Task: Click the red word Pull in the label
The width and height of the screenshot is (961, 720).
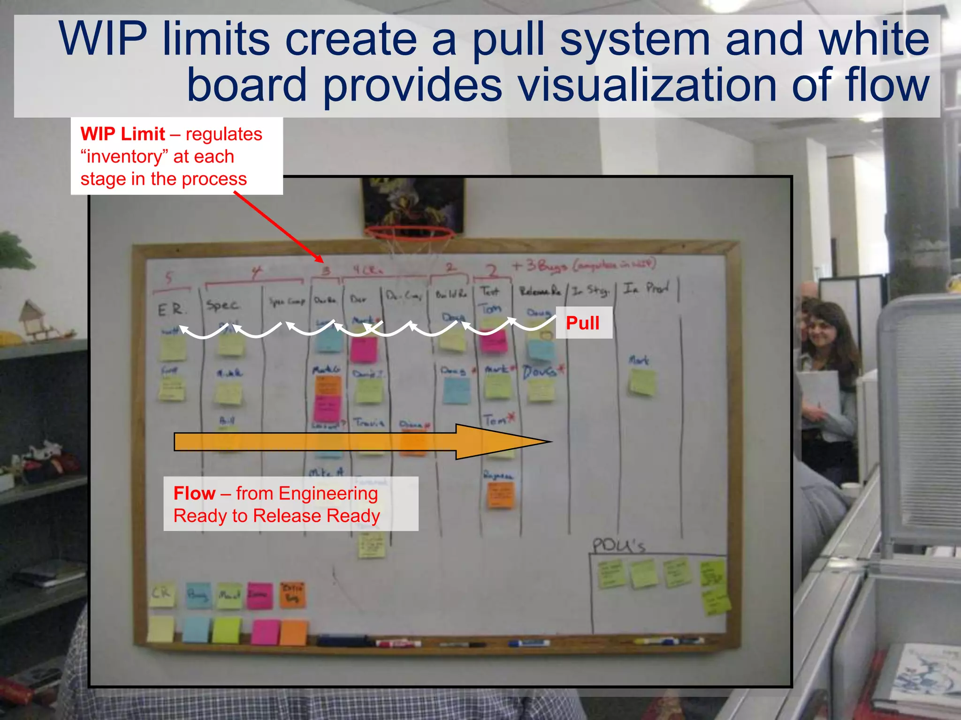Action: (x=582, y=323)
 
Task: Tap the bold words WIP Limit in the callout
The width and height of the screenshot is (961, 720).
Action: (x=122, y=134)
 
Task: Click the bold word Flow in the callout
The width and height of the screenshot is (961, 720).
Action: (x=194, y=493)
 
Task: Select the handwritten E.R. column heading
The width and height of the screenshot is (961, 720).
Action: (x=171, y=309)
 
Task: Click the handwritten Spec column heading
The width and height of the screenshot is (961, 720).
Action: (x=223, y=305)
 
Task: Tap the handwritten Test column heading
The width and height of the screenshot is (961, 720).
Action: (x=490, y=291)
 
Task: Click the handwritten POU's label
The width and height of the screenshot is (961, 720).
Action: (x=618, y=545)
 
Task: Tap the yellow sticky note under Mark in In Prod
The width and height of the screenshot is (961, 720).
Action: (x=641, y=382)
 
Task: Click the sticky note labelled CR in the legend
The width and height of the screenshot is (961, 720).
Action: (x=161, y=594)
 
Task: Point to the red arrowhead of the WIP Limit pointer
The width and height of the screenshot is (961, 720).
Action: (x=320, y=259)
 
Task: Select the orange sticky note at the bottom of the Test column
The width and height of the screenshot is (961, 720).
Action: (x=501, y=494)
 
